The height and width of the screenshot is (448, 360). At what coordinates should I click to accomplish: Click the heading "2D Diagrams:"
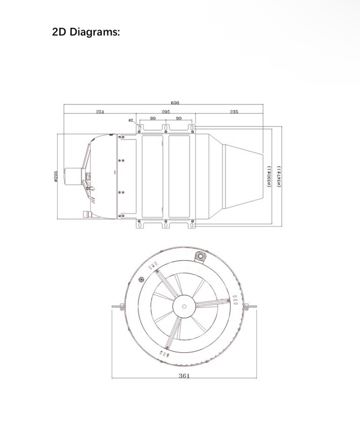tap(86, 32)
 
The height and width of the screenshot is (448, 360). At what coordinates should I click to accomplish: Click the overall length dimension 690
tap(175, 102)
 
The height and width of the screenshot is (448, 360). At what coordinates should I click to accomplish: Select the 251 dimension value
tap(100, 112)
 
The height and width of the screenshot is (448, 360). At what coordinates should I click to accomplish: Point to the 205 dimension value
tap(166, 112)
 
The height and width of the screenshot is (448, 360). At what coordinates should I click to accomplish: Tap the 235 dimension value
tap(234, 112)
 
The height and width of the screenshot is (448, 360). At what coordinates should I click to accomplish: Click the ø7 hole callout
tap(131, 120)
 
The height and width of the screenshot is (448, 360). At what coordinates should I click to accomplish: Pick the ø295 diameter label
tap(56, 176)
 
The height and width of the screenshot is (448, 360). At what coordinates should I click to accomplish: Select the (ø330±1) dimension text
tap(269, 177)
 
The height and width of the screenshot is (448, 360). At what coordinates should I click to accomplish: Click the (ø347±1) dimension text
tap(279, 177)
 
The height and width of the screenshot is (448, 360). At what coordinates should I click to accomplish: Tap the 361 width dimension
tap(184, 376)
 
